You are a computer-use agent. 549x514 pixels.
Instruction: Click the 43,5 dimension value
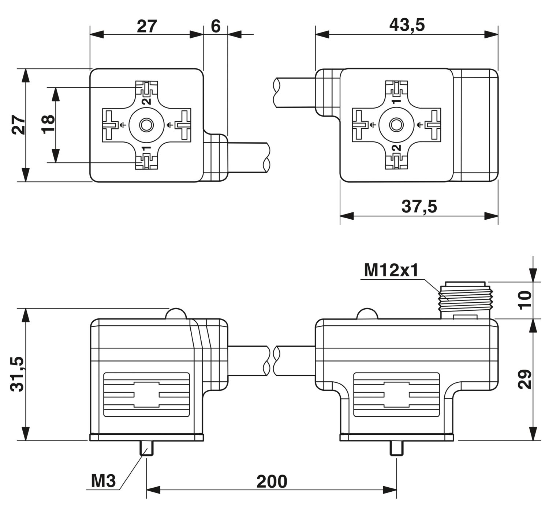[x=407, y=25]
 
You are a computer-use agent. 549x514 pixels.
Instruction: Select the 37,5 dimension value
[x=419, y=207]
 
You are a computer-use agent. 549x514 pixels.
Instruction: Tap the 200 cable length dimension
[x=272, y=481]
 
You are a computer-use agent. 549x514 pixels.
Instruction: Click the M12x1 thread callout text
[x=391, y=271]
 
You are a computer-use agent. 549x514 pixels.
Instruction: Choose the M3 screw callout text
[x=103, y=481]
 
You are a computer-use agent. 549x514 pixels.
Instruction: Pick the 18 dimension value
[x=48, y=125]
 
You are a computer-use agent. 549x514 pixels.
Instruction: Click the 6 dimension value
[x=216, y=26]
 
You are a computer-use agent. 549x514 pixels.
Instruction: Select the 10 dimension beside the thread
[x=525, y=300]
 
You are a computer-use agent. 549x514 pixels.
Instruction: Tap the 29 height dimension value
[x=526, y=379]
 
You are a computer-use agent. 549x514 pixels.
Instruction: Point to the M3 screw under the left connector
[x=146, y=448]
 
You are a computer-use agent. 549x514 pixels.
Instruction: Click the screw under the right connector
[x=396, y=448]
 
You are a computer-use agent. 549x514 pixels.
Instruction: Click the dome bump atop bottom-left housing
[x=176, y=314]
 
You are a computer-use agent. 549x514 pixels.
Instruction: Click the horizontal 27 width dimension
[x=147, y=26]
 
